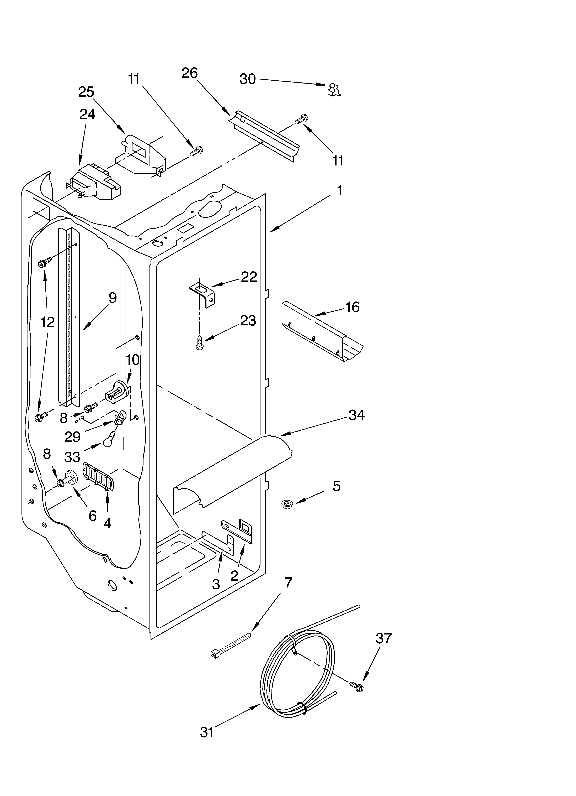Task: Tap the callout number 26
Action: [190, 73]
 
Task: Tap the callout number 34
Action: [356, 415]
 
